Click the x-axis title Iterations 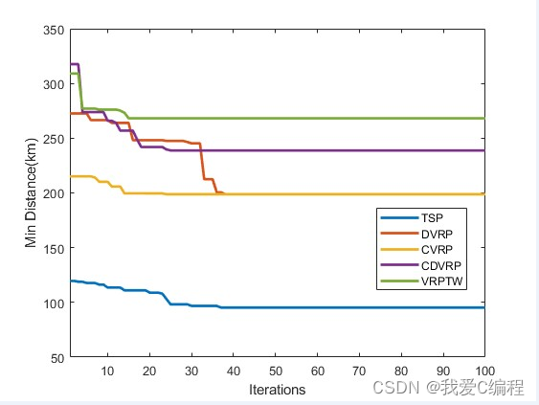[x=277, y=390]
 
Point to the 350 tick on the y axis [x=53, y=30]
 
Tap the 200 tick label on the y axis [x=53, y=193]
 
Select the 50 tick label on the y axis [x=56, y=357]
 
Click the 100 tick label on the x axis [x=484, y=370]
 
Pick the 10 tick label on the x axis [x=107, y=370]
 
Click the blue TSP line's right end [x=483, y=307]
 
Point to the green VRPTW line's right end [x=483, y=119]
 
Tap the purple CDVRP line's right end [x=483, y=150]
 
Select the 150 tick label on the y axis [x=53, y=248]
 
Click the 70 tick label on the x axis [x=359, y=370]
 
